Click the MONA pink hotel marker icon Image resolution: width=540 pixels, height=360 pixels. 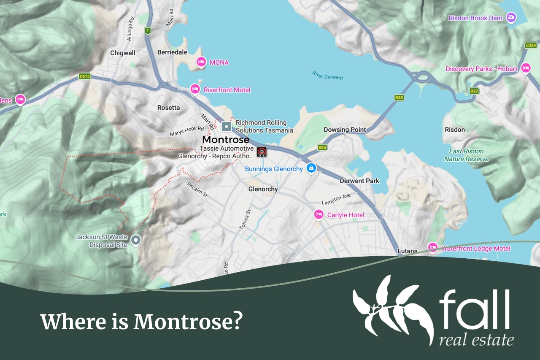pyautogui.click(x=201, y=62)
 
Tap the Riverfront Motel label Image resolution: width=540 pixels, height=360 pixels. pyautogui.click(x=227, y=90)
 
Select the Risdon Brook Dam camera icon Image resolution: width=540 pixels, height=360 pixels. pyautogui.click(x=511, y=18)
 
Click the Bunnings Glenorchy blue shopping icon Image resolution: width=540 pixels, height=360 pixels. pyautogui.click(x=311, y=168)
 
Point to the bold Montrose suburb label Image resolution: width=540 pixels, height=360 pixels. pyautogui.click(x=226, y=140)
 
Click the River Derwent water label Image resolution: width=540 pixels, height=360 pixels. pyautogui.click(x=328, y=75)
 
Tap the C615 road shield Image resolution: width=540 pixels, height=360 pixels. pyautogui.click(x=85, y=76)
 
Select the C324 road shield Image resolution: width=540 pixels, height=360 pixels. pyautogui.click(x=531, y=45)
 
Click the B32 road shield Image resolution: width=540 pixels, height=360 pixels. pyautogui.click(x=474, y=91)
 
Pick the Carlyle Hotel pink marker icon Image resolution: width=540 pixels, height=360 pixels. pyautogui.click(x=319, y=214)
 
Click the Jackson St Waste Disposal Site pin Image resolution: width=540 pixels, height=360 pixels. pyautogui.click(x=135, y=241)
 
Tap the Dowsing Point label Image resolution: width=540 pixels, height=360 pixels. pyautogui.click(x=345, y=130)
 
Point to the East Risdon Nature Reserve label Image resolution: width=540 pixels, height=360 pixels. pyautogui.click(x=466, y=155)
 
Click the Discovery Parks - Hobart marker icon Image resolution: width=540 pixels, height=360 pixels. pyautogui.click(x=526, y=68)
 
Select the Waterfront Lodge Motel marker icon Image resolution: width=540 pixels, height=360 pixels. pyautogui.click(x=433, y=248)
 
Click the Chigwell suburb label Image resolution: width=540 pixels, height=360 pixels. pyautogui.click(x=122, y=53)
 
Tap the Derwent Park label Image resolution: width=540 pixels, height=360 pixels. pyautogui.click(x=359, y=181)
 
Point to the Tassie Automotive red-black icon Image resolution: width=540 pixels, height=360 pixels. pyautogui.click(x=262, y=152)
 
